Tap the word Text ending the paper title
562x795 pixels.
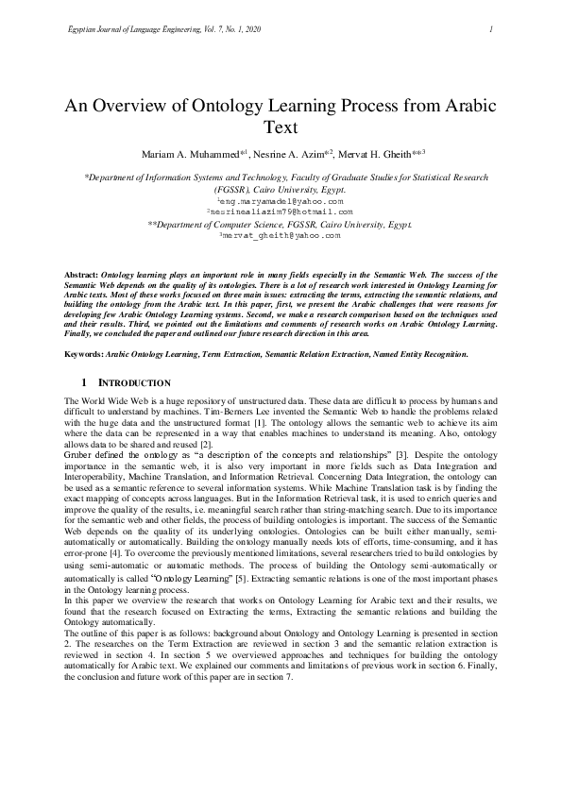pyautogui.click(x=281, y=127)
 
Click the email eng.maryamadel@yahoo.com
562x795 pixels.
pyautogui.click(x=281, y=202)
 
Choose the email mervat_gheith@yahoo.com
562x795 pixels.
pyautogui.click(x=281, y=236)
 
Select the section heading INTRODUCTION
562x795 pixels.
pyautogui.click(x=135, y=383)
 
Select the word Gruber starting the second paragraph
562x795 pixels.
pyautogui.click(x=78, y=455)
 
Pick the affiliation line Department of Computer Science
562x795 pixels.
pyautogui.click(x=281, y=225)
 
